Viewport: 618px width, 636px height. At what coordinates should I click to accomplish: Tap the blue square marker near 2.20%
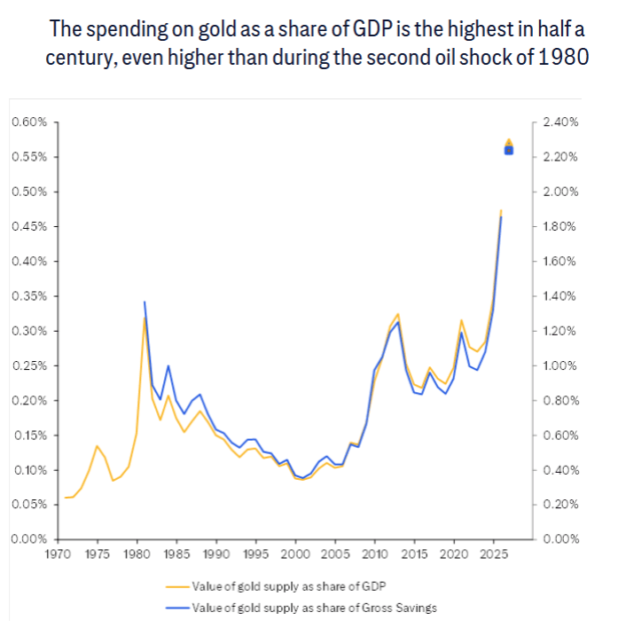tap(509, 150)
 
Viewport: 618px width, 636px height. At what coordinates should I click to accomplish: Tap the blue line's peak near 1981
tap(145, 302)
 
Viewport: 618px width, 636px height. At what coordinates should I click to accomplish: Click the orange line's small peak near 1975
tap(97, 446)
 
